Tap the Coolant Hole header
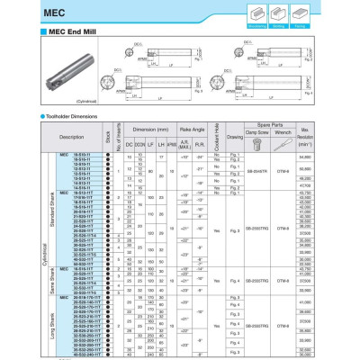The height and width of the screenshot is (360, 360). [217, 138]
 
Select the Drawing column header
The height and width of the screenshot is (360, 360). [237, 138]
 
